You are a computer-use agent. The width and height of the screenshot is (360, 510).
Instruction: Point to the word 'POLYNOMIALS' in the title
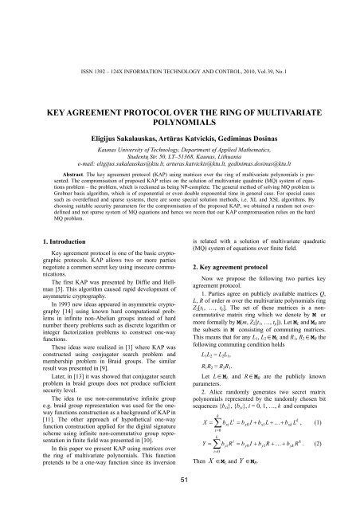tap(180, 79)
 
